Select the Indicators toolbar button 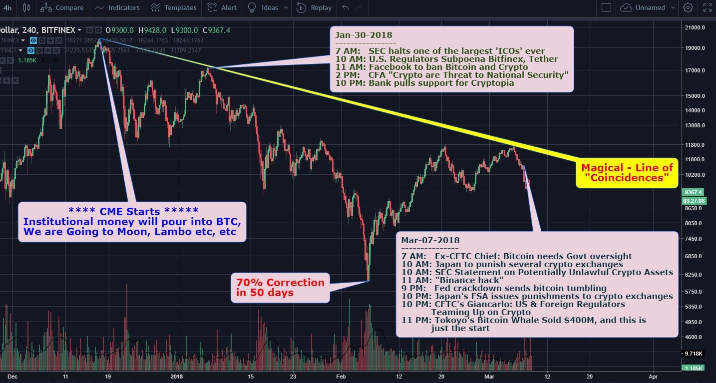pos(117,7)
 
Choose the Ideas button pos(269,7)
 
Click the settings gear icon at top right pos(688,7)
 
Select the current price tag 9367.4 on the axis pos(693,192)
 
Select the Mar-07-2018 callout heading pos(430,240)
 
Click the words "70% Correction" pos(280,283)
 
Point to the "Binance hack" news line pos(468,280)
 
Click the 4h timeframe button pos(7,7)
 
